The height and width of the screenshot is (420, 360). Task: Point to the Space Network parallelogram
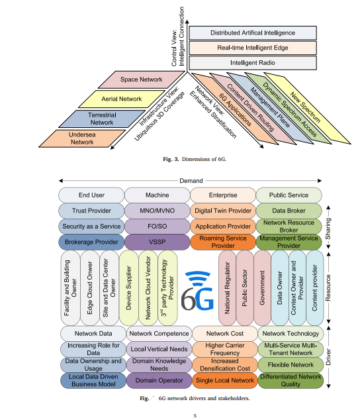point(141,80)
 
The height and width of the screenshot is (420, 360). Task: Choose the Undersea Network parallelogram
point(73,137)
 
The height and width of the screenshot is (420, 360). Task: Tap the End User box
point(92,195)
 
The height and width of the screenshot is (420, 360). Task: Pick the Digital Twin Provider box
point(222,211)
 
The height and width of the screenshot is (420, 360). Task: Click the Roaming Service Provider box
point(222,242)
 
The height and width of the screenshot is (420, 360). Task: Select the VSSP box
point(157,242)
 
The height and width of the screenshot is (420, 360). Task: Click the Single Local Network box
point(222,381)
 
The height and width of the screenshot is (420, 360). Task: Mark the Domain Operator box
point(157,381)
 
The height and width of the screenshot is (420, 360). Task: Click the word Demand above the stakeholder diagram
point(191,180)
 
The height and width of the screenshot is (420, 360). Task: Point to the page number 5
point(195,415)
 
